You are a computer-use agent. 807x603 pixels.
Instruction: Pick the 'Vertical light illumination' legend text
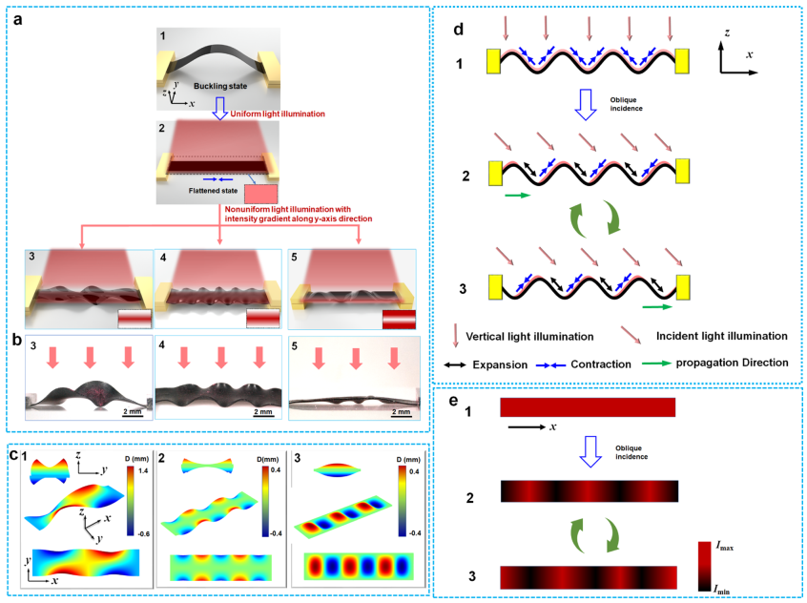540,336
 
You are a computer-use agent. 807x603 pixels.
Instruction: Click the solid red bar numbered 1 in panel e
587,407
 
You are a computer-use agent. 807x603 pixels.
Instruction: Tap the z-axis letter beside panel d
725,31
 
